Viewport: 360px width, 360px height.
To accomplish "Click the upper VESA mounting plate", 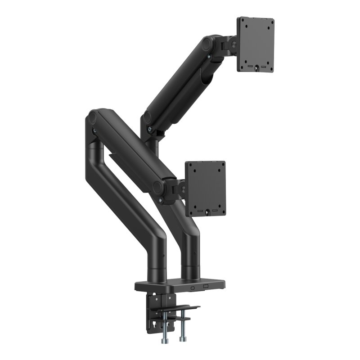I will tap(256, 44).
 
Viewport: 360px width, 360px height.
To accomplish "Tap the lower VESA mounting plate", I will tap(206, 188).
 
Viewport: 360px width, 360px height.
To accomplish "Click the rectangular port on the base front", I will tap(206, 286).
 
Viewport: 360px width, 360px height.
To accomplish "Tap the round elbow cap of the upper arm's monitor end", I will tap(208, 44).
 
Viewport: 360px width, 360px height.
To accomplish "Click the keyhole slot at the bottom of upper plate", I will tap(256, 68).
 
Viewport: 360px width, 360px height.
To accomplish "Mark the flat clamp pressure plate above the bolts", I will tap(180, 309).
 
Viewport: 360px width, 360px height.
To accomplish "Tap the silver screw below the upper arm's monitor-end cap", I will tap(210, 56).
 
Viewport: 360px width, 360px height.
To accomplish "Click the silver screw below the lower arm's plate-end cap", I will tap(161, 198).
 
